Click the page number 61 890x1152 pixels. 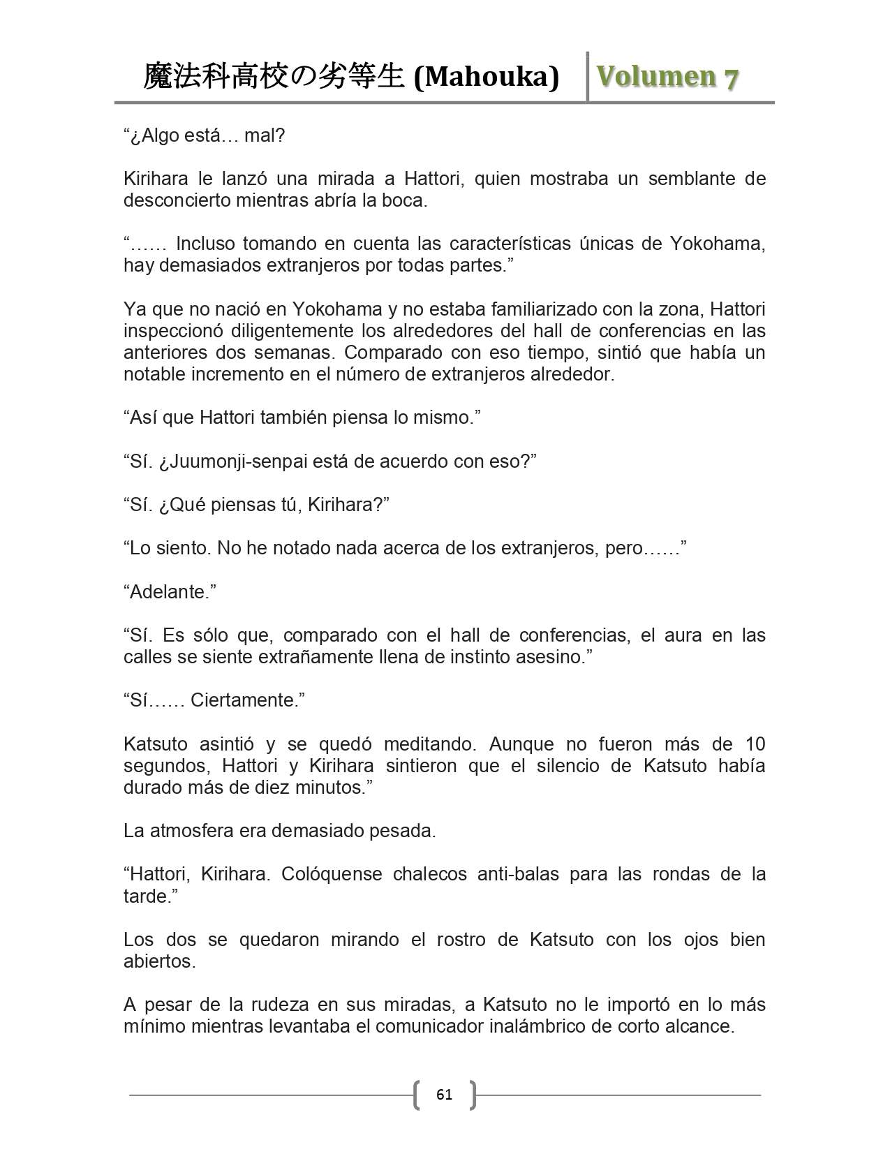click(x=444, y=1094)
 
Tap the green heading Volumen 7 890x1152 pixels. click(x=667, y=76)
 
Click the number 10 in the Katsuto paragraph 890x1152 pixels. click(x=755, y=744)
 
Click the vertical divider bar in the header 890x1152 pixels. click(x=588, y=76)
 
